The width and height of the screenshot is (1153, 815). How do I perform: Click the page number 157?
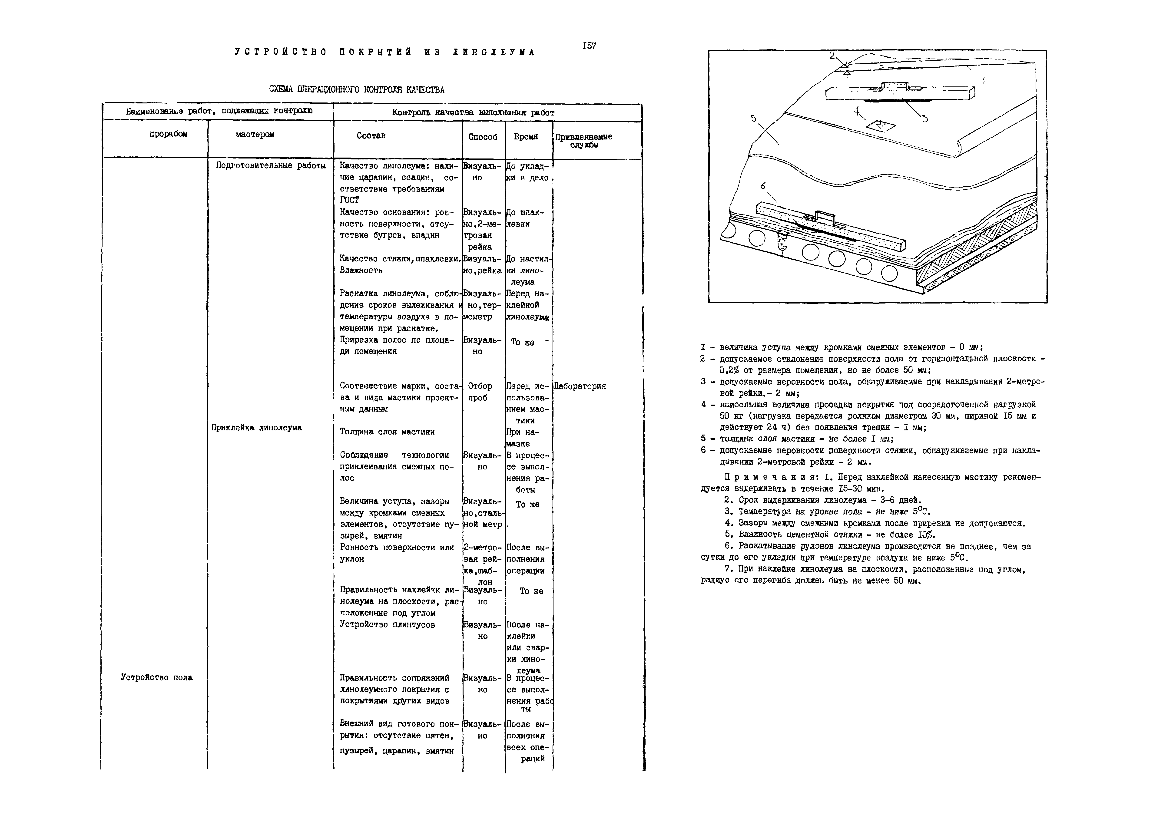click(x=589, y=46)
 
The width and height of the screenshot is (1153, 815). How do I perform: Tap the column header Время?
click(x=526, y=137)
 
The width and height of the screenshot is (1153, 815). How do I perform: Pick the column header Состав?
click(x=371, y=135)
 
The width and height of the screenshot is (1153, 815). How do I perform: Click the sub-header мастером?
click(x=255, y=135)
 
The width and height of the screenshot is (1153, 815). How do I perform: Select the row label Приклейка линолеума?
click(x=257, y=428)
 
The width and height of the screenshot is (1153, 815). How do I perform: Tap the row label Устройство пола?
click(x=157, y=677)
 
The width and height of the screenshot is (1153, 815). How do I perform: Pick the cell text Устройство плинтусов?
click(x=387, y=625)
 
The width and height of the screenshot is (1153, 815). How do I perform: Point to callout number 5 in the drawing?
click(x=753, y=119)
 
